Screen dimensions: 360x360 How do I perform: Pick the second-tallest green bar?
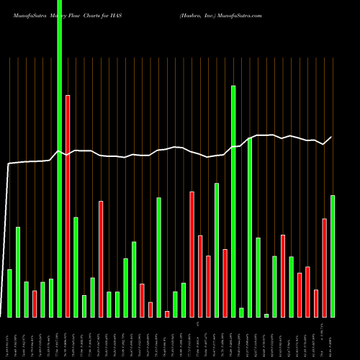233,201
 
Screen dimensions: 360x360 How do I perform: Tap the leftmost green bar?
9,293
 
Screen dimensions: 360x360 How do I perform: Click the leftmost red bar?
35,304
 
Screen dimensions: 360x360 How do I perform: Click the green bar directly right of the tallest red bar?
76,266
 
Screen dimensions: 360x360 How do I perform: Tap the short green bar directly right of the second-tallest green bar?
241,312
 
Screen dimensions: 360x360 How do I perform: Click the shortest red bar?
167,314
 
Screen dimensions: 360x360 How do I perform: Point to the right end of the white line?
332,137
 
